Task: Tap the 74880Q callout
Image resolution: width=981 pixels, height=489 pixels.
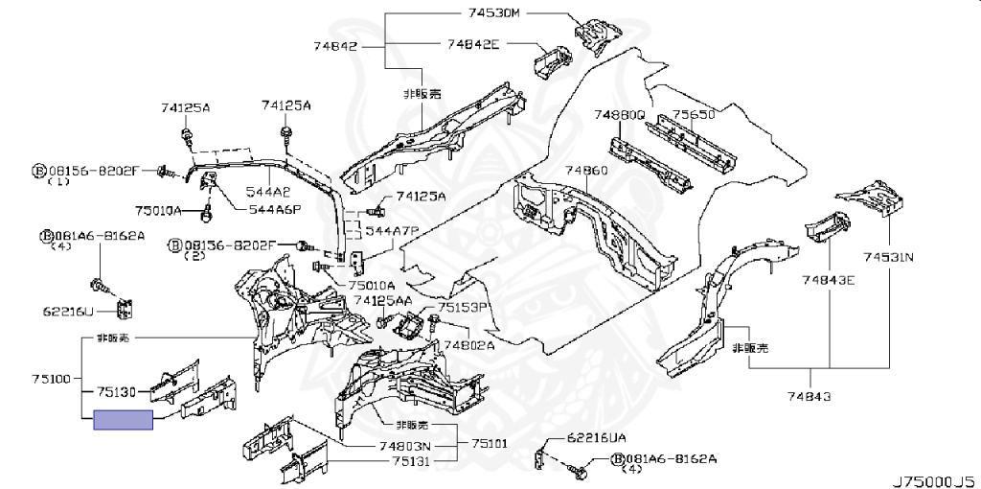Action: click(619, 115)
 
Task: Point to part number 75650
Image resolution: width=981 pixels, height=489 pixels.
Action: click(694, 115)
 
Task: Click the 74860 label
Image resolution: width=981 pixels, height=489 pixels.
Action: click(585, 171)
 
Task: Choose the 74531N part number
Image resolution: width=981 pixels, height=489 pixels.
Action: click(888, 257)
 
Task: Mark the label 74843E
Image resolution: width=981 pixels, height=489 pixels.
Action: click(830, 280)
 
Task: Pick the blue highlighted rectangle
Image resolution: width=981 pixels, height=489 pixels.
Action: click(123, 420)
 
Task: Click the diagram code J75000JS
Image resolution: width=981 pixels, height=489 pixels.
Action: click(934, 477)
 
